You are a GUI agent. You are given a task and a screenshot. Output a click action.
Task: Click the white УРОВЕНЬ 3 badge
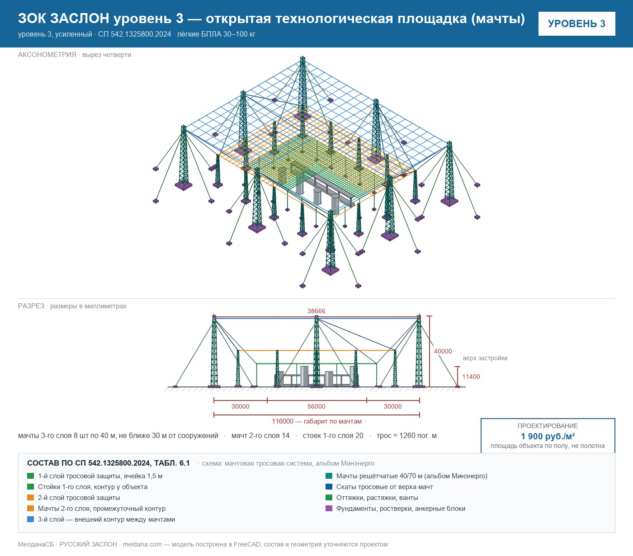[x=576, y=24]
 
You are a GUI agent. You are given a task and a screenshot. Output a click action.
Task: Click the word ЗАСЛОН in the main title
[x=80, y=19]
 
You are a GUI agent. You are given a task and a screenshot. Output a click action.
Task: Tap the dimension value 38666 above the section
[x=316, y=311]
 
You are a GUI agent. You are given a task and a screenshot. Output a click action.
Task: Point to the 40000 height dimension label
[x=443, y=351]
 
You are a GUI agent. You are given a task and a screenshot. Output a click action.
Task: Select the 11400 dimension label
[x=471, y=377]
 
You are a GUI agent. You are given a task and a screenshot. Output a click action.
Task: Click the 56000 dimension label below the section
[x=316, y=406]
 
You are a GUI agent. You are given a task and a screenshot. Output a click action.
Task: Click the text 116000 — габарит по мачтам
[x=316, y=421]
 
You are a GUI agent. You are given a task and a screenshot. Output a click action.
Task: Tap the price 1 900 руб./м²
[x=548, y=436]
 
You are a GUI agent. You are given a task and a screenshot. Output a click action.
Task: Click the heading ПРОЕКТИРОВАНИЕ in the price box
[x=548, y=426]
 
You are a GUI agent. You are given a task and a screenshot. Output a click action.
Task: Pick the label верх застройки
[x=485, y=358]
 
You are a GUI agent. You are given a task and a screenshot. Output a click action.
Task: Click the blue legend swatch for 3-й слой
[x=31, y=519]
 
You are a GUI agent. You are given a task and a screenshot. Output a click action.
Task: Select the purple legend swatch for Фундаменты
[x=329, y=508]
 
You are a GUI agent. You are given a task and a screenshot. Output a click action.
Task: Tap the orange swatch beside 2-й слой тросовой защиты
[x=31, y=497]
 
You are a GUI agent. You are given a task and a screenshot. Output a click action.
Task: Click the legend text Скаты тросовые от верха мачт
[x=384, y=487]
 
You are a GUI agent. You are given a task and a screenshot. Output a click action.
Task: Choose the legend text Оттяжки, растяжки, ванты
[x=377, y=498]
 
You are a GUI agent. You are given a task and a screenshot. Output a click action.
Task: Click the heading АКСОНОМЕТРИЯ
[x=47, y=55]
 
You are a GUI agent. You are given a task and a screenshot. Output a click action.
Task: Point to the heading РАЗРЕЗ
[x=31, y=306]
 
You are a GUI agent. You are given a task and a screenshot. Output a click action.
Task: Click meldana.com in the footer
[x=142, y=544]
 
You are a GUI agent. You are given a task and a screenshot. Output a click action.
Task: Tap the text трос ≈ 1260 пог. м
[x=406, y=435]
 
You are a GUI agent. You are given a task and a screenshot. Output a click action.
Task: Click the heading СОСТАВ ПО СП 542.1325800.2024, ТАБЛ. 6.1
[x=109, y=463]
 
